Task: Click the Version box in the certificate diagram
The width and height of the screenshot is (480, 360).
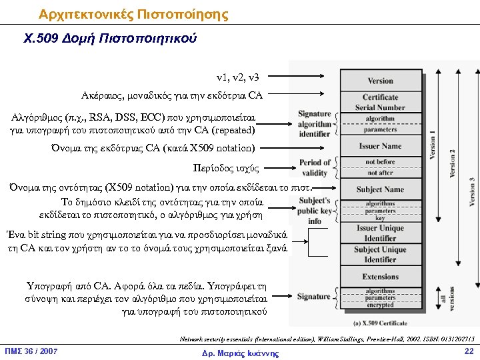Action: tap(380, 81)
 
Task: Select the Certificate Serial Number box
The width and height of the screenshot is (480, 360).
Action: tap(380, 102)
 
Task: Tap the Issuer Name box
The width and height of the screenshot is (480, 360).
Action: tap(380, 146)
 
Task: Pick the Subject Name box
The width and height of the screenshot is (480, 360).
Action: tap(380, 189)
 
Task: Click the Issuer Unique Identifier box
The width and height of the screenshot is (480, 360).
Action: tap(380, 233)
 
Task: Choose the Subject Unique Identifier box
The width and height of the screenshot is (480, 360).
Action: tap(380, 255)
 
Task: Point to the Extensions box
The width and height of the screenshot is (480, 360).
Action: tap(380, 277)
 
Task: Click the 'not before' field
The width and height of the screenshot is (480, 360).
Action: tap(380, 162)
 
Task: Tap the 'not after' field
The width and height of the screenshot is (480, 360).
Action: tap(380, 173)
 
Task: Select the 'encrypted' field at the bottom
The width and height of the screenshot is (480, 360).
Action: tap(380, 305)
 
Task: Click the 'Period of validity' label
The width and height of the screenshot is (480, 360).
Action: tap(315, 167)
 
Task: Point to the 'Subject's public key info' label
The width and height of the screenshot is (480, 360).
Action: tap(315, 211)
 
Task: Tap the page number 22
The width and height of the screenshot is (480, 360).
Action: tap(469, 351)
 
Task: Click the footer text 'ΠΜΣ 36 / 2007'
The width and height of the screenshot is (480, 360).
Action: tap(31, 352)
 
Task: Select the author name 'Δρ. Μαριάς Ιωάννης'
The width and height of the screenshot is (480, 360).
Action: tap(240, 353)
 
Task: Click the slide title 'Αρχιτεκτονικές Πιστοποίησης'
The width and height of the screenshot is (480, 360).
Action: tap(133, 14)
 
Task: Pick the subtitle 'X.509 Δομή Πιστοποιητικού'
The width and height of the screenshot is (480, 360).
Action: tap(110, 39)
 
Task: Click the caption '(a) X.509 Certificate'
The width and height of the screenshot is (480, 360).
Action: tap(381, 323)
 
